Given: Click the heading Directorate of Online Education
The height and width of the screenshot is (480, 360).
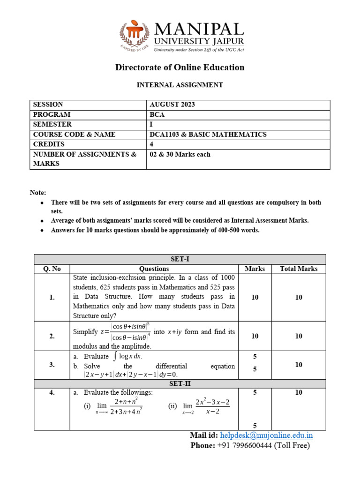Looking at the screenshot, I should coord(180,67).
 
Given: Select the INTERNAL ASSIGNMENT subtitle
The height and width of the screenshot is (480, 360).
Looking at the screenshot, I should coord(180,85).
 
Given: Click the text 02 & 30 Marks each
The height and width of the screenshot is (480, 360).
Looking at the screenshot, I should coord(180,154).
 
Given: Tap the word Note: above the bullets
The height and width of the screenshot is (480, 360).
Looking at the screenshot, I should coord(38,193).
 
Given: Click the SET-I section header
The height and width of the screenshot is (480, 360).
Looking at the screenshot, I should coord(180,259).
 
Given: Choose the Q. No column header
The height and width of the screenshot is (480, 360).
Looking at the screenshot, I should coord(52,269).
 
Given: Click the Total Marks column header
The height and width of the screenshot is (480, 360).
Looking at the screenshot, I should coord(299,269).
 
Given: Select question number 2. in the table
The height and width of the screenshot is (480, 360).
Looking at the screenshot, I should coord(52,336).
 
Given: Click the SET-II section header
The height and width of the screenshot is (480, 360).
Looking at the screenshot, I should coord(180,383).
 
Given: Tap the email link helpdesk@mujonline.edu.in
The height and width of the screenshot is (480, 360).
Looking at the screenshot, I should coord(266,435).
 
